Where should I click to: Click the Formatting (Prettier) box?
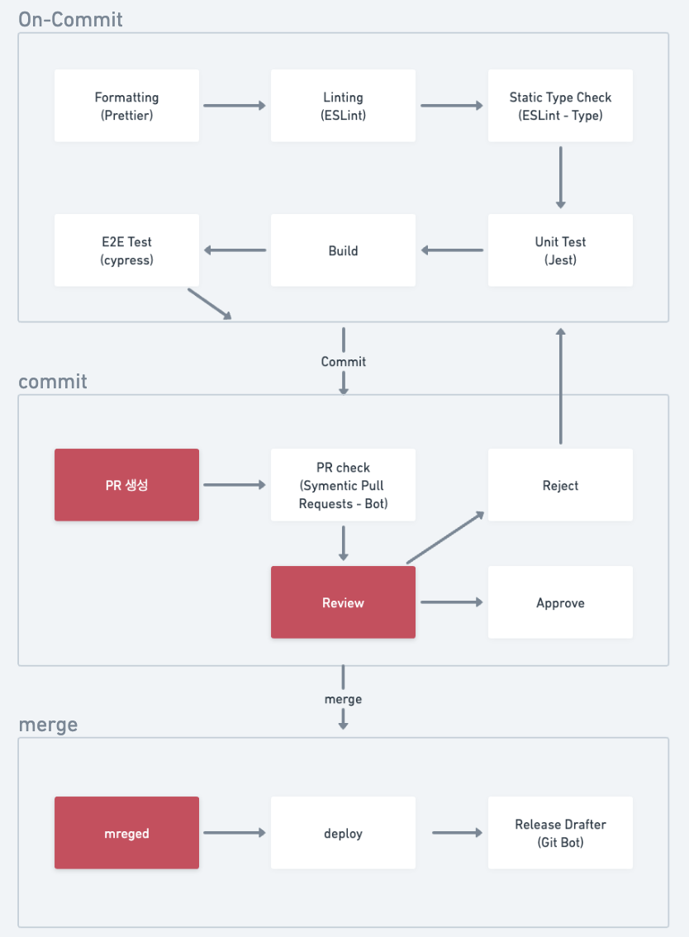pos(126,106)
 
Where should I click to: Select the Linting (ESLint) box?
pos(343,106)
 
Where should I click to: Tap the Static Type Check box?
pos(560,106)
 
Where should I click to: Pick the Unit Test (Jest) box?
pos(560,250)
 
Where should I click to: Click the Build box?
pos(343,250)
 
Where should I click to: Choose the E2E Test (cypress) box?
pos(126,250)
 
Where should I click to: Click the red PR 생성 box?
pos(126,485)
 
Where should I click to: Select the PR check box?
pos(343,485)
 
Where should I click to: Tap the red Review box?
pos(343,602)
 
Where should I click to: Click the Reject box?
pos(560,485)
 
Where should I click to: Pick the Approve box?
pos(560,602)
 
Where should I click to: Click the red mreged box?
pos(126,833)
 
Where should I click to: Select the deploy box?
pos(343,833)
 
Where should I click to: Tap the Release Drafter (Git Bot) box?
pos(560,833)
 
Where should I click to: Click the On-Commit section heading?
pos(70,19)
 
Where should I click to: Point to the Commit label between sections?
pos(343,361)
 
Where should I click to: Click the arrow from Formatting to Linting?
pos(235,106)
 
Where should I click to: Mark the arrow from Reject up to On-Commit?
pos(560,385)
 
